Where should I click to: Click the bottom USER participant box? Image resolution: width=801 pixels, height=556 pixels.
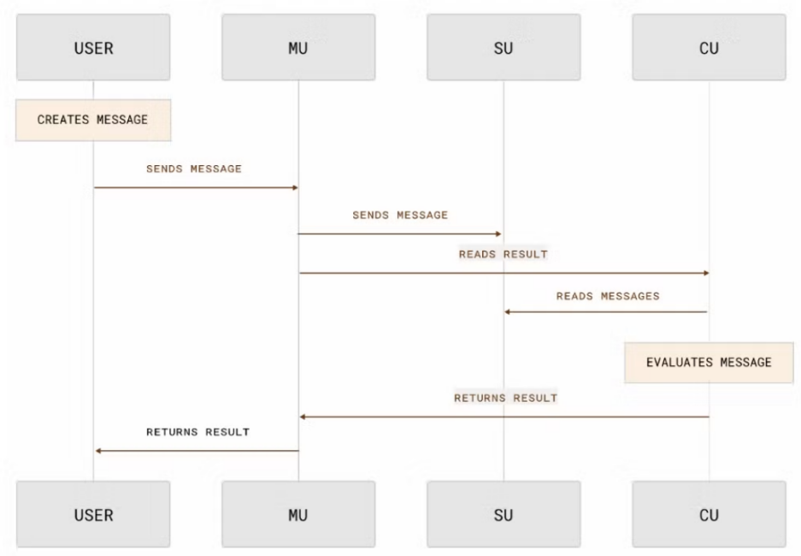pyautogui.click(x=93, y=516)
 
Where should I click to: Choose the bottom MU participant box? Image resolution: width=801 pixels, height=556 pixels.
pyautogui.click(x=298, y=516)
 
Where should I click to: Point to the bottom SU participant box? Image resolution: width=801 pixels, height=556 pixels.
pyautogui.click(x=504, y=516)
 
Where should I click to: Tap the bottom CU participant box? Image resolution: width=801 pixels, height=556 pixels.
pyautogui.click(x=709, y=516)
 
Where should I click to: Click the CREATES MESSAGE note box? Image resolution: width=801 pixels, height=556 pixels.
pyautogui.click(x=93, y=120)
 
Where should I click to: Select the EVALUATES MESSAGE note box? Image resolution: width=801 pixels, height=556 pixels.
pyautogui.click(x=709, y=362)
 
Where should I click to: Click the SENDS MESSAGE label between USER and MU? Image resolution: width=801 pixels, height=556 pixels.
pyautogui.click(x=194, y=169)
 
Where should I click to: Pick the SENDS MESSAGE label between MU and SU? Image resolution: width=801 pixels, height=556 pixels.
pyautogui.click(x=400, y=215)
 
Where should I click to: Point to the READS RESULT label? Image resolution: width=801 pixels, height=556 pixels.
pyautogui.click(x=503, y=255)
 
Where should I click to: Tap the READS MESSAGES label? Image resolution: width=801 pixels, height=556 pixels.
pyautogui.click(x=608, y=296)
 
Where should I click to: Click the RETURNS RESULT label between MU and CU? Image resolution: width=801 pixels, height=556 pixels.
pyautogui.click(x=505, y=398)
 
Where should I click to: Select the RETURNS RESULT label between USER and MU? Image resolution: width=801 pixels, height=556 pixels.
pyautogui.click(x=197, y=432)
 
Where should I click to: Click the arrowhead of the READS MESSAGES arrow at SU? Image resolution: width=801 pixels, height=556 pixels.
pyautogui.click(x=507, y=311)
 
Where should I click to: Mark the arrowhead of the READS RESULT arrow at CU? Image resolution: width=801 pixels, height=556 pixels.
pyautogui.click(x=705, y=274)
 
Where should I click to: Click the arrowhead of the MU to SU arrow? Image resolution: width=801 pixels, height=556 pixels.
pyautogui.click(x=498, y=234)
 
